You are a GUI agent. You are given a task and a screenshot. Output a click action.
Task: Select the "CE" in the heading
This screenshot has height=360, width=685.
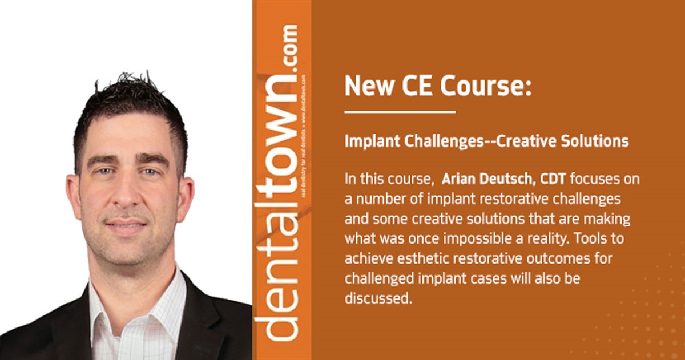click(x=417, y=87)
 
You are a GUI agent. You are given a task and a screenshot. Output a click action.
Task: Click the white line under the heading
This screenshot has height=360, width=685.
click(x=400, y=112)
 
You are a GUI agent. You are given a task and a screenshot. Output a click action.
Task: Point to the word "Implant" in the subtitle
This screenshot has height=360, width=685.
click(x=368, y=141)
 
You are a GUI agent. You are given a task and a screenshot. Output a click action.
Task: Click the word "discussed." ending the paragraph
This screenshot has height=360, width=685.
click(x=378, y=297)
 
